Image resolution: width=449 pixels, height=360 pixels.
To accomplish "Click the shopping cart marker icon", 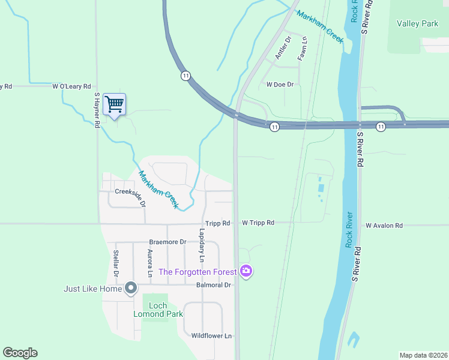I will pos(114,104).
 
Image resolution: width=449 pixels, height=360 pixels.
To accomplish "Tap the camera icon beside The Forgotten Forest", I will pos(246,272).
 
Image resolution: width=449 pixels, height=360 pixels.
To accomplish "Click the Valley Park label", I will pos(418,24).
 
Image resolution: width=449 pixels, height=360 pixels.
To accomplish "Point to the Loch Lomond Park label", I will pos(158,310).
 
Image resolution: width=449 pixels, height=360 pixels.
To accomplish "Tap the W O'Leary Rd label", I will pos(71,86).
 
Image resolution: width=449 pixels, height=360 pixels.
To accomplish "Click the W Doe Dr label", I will pos(280,85).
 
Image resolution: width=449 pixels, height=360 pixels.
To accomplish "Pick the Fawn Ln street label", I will pos(304,48).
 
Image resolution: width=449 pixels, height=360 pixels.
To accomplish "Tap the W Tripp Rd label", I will pos(258,223).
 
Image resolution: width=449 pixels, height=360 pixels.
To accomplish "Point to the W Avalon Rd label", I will pos(384,226).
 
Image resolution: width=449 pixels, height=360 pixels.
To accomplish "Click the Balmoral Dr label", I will pos(214,285).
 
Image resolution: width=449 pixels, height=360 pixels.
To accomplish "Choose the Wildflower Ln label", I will pos(211,336).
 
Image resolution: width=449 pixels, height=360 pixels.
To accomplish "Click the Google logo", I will pos(20,353).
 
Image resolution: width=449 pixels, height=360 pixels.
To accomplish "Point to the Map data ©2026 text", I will pos(423,355).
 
